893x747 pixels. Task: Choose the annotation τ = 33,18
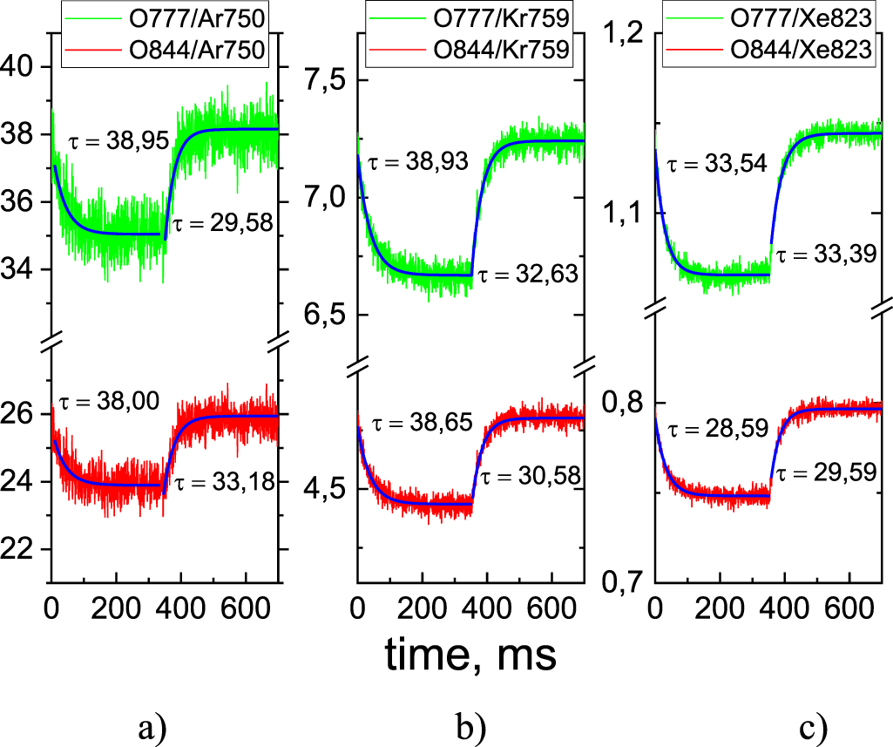point(222,480)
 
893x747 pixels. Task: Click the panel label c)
point(813,725)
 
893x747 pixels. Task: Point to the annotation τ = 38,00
point(105,403)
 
